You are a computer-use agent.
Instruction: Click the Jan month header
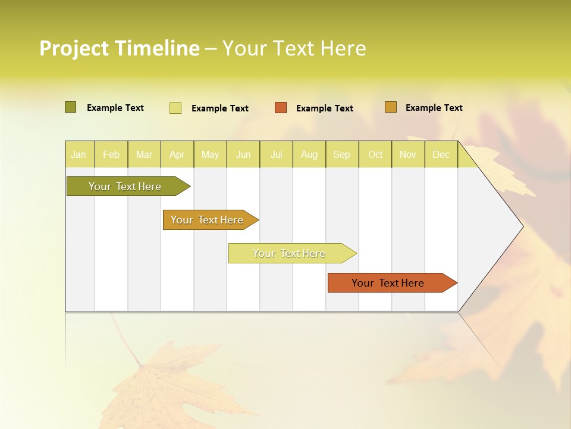(79, 154)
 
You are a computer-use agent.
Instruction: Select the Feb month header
(111, 154)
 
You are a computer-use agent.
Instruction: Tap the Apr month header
(177, 154)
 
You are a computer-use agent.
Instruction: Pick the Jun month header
(243, 154)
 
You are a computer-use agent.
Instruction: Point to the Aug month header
(309, 154)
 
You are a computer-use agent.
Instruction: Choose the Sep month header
(342, 154)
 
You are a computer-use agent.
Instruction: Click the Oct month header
(375, 154)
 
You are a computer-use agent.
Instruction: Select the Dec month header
(441, 154)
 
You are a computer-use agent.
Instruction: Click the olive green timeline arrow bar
(126, 186)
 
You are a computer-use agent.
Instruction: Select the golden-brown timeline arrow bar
(208, 220)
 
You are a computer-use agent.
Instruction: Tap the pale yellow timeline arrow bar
(290, 253)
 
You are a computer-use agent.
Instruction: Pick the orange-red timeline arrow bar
(388, 283)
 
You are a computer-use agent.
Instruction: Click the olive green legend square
(71, 107)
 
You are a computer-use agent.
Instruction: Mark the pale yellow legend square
(175, 108)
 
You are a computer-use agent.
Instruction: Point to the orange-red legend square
(281, 108)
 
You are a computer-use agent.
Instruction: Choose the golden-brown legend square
(391, 107)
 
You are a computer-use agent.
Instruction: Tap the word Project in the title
(74, 48)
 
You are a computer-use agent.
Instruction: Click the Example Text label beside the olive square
(115, 108)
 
